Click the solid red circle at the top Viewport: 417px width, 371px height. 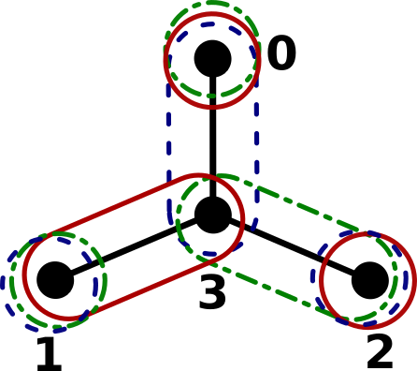212,107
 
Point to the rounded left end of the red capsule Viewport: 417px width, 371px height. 23,277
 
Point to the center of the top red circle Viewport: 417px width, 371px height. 212,59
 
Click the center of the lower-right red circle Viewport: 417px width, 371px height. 367,280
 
